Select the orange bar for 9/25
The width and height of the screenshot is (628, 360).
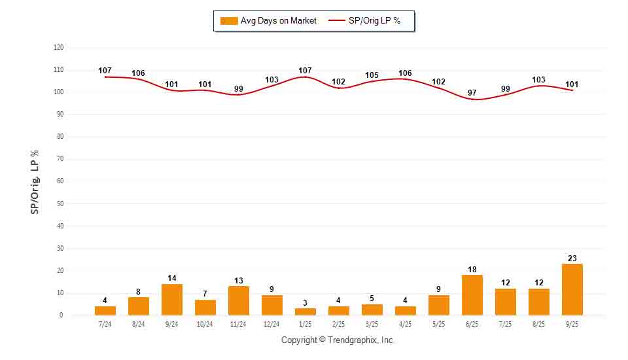(x=572, y=289)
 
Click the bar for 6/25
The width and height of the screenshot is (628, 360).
(x=472, y=295)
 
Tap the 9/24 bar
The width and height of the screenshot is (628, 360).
(x=172, y=299)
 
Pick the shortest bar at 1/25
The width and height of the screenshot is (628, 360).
(x=305, y=312)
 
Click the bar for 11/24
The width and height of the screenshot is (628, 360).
(x=238, y=300)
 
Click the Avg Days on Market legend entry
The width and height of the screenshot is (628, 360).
(x=269, y=21)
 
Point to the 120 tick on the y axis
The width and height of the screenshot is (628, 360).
(x=59, y=48)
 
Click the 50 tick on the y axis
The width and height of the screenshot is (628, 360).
(x=60, y=204)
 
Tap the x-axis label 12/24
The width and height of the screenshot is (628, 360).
(x=271, y=324)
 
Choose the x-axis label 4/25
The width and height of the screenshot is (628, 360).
(x=405, y=324)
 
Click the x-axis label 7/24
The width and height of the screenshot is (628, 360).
(x=105, y=324)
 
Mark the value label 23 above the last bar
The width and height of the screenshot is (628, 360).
(x=572, y=259)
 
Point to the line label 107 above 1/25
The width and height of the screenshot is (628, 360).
(x=305, y=71)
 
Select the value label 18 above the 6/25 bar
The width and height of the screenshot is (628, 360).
(x=472, y=270)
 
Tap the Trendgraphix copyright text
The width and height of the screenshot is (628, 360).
(x=338, y=340)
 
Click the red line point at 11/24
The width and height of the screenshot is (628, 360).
(x=238, y=95)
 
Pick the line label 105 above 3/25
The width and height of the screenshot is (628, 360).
(x=372, y=75)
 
